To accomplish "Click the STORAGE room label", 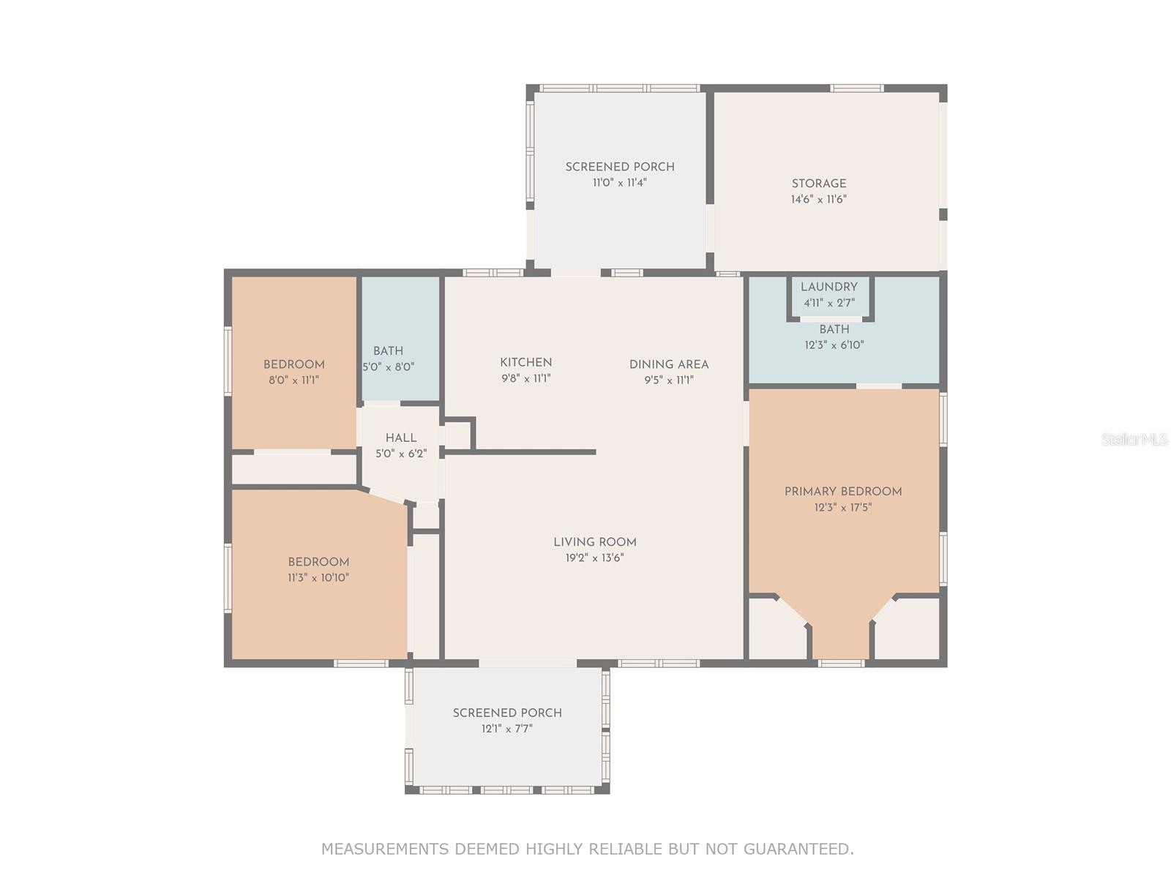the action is tap(818, 184).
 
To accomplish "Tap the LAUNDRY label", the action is tap(828, 287).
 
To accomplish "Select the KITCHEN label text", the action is tap(525, 362).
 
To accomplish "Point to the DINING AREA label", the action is tap(668, 364).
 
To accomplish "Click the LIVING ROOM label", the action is tap(594, 542).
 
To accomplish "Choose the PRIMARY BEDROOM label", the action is tap(842, 492).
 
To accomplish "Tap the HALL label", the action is tap(400, 438).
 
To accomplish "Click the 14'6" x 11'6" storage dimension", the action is tap(818, 199).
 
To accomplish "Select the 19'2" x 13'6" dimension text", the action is tap(594, 558).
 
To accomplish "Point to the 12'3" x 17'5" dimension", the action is tap(842, 508).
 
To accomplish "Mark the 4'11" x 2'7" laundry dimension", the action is tap(829, 303).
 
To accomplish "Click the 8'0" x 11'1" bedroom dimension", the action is tap(293, 380).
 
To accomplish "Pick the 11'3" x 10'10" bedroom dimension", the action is tap(318, 577).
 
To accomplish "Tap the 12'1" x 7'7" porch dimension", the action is tap(506, 728).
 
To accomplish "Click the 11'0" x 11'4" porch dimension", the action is tap(619, 183).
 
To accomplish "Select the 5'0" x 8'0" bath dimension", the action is tap(389, 367).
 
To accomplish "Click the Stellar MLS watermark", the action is tap(1134, 439).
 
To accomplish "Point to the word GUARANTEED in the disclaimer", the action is tap(798, 849).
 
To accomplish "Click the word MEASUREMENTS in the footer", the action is tap(385, 849).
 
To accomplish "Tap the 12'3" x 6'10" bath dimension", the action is tap(834, 345).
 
